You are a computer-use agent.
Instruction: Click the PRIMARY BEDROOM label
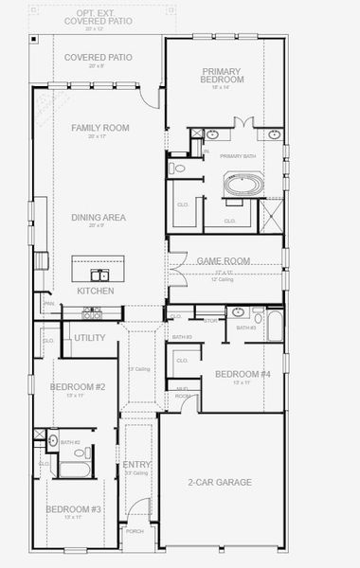coord(224,76)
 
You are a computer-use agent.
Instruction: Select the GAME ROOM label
coord(223,260)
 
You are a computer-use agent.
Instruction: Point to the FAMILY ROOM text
coord(99,128)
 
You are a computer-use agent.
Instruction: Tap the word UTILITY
coord(89,337)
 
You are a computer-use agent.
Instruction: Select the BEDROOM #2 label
coord(78,387)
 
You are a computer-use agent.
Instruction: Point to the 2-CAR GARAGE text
coord(220,482)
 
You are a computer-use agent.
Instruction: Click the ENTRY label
coord(136,465)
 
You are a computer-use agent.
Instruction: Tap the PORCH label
coord(135,532)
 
